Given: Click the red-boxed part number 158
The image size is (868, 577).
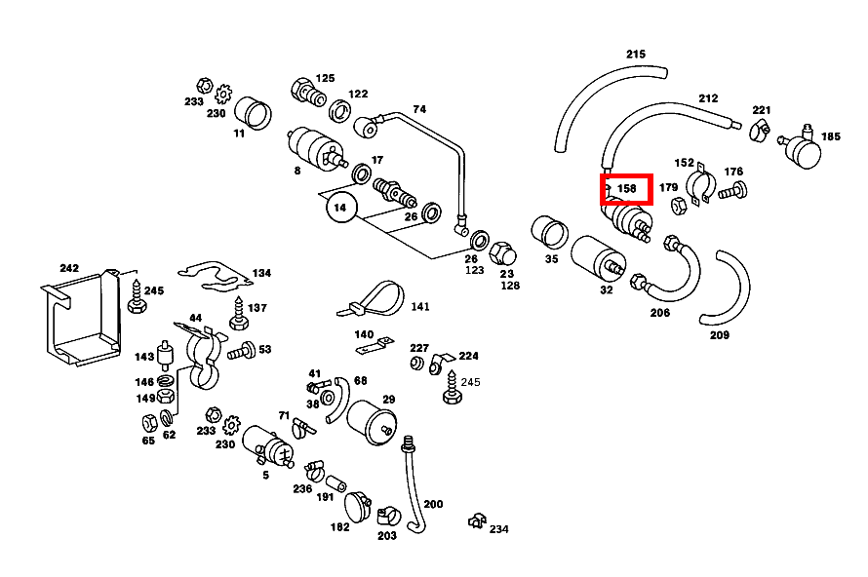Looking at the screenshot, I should point(626,188).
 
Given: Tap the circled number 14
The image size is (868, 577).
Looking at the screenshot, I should point(340,208).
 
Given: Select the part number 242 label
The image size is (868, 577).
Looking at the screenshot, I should point(68,268).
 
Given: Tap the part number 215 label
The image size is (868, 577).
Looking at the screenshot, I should point(636,55).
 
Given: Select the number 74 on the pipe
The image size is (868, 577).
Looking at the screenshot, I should point(419,109).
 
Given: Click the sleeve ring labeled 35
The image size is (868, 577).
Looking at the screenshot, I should point(551,234).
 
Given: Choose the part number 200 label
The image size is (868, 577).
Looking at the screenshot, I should point(433,504).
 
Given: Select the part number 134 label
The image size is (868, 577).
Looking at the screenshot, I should point(261,274).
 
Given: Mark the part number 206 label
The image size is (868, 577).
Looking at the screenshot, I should point(660,313).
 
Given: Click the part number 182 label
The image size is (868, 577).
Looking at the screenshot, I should point(339,527).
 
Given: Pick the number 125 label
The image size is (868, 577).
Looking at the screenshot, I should point(325,78).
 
